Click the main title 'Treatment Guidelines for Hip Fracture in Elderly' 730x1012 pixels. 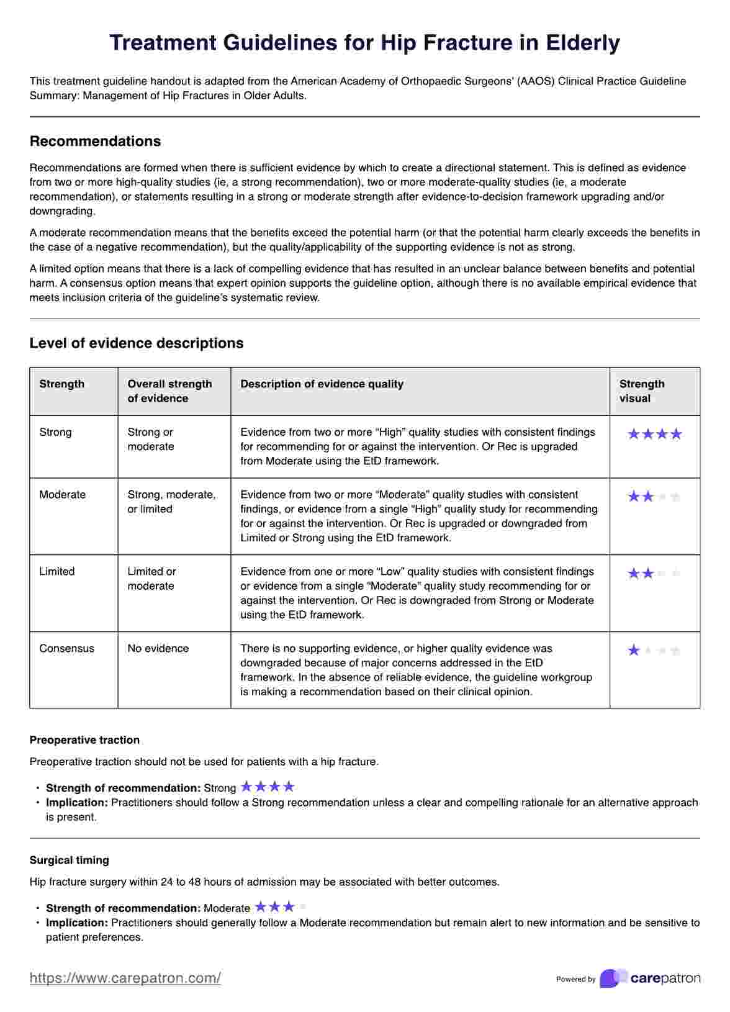tap(364, 43)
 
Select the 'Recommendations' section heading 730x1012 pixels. tap(95, 141)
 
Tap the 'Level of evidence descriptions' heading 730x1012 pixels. tap(137, 343)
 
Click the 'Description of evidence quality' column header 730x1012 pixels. tap(322, 384)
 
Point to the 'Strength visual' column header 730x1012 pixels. tap(642, 391)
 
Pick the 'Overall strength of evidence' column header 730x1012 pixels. tap(169, 391)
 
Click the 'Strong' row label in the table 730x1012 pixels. tap(55, 432)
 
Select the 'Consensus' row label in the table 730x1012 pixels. tap(66, 648)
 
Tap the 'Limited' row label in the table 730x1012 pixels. tap(56, 571)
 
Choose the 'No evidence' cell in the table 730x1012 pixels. tap(158, 648)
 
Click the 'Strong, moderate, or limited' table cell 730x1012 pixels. tap(171, 502)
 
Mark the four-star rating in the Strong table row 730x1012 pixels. tap(654, 434)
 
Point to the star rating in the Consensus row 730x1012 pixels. tap(654, 650)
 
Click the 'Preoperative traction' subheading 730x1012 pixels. tap(84, 740)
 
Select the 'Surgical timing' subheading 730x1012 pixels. tap(69, 860)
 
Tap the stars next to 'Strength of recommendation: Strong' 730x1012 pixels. tap(268, 787)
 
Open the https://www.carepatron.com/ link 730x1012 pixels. tap(125, 978)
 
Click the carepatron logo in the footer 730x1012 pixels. tap(650, 978)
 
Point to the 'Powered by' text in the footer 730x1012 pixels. tap(575, 979)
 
